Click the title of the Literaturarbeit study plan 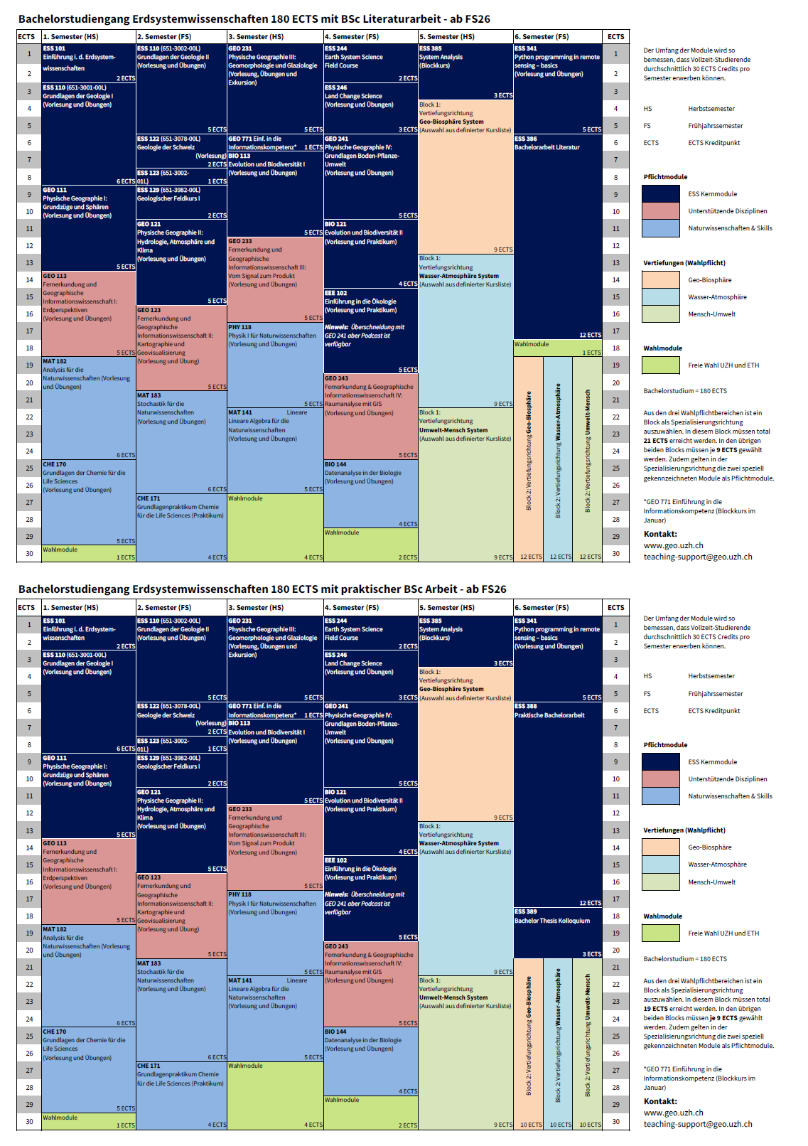click(x=254, y=19)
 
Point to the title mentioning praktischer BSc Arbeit click(x=262, y=589)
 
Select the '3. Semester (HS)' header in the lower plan click(x=256, y=608)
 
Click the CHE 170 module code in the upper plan click(x=55, y=464)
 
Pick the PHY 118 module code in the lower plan click(x=240, y=894)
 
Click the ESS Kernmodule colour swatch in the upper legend click(x=661, y=194)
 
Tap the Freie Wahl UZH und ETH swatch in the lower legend click(x=661, y=933)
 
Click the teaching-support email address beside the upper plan click(x=698, y=557)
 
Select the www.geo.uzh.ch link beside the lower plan click(x=673, y=1113)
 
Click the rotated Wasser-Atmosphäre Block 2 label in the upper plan click(x=558, y=451)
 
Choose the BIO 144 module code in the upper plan click(x=335, y=464)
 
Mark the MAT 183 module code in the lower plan click(x=149, y=963)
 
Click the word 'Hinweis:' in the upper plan click(x=336, y=327)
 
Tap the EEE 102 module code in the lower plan click(x=336, y=860)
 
